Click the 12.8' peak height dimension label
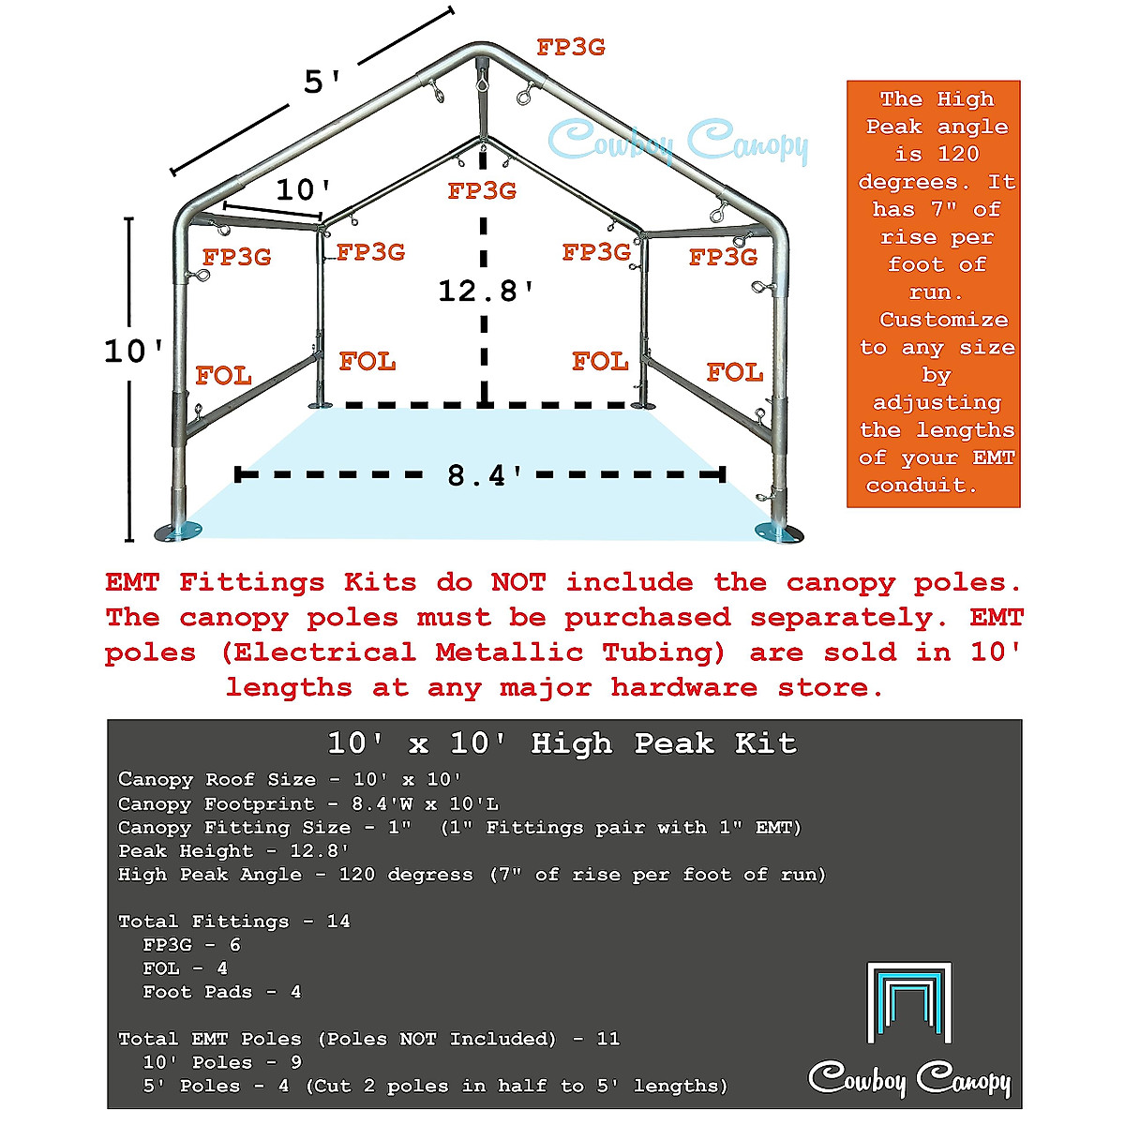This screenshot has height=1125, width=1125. [486, 291]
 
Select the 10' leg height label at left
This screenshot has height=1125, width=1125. [133, 352]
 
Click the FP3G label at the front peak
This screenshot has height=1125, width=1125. [570, 47]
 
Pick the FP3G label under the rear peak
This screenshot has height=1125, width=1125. [482, 191]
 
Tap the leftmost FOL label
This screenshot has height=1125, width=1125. [223, 376]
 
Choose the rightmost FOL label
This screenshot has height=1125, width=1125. [734, 372]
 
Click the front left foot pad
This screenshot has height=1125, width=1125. [178, 532]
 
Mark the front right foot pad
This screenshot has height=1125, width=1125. [779, 532]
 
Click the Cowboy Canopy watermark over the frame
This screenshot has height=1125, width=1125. [677, 142]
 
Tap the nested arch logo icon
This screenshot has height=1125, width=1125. [908, 1002]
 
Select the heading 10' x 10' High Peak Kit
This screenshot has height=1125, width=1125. [562, 743]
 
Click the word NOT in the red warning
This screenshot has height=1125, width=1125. [517, 582]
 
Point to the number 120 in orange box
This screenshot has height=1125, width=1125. [957, 154]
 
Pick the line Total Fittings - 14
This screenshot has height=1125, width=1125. [233, 922]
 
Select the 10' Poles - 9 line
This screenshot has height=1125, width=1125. [221, 1062]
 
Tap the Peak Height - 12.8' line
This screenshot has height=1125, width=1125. [233, 851]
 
